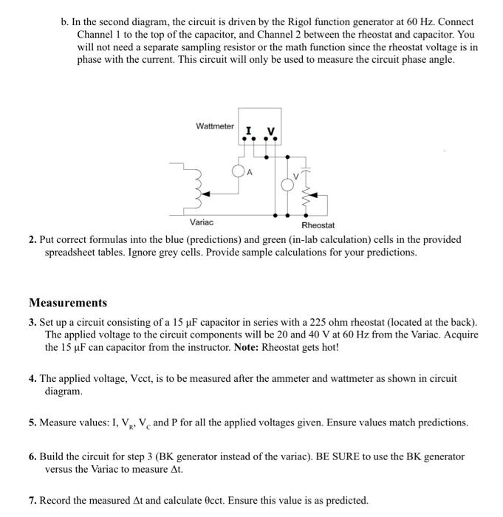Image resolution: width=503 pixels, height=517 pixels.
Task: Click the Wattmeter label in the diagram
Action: pos(214,127)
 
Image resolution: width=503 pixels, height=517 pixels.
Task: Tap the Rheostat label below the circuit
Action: pos(318,225)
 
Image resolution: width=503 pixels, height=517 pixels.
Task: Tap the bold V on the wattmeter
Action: pos(271,131)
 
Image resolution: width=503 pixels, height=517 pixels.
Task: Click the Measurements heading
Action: pos(68,303)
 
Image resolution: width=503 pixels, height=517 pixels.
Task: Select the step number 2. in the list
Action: pos(33,240)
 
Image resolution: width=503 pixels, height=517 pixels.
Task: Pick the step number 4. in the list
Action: pos(33,378)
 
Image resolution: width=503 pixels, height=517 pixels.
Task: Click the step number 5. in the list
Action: pos(33,422)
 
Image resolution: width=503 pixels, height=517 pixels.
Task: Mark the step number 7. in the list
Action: pos(33,501)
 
